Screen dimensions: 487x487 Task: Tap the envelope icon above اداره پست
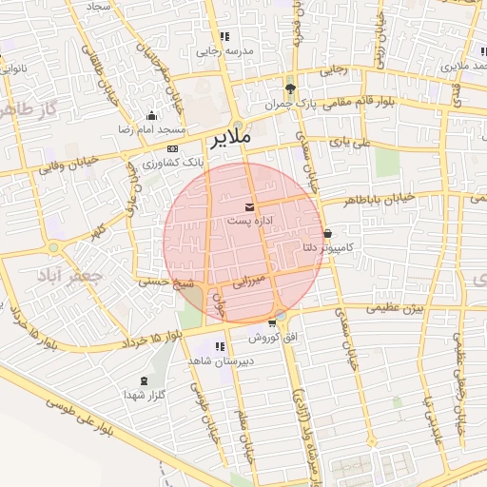249,206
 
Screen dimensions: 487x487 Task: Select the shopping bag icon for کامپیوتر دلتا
328,233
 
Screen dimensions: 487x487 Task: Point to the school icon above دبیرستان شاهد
220,346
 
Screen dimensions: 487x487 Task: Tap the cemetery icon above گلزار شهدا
145,380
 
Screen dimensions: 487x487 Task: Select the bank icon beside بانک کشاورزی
172,148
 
